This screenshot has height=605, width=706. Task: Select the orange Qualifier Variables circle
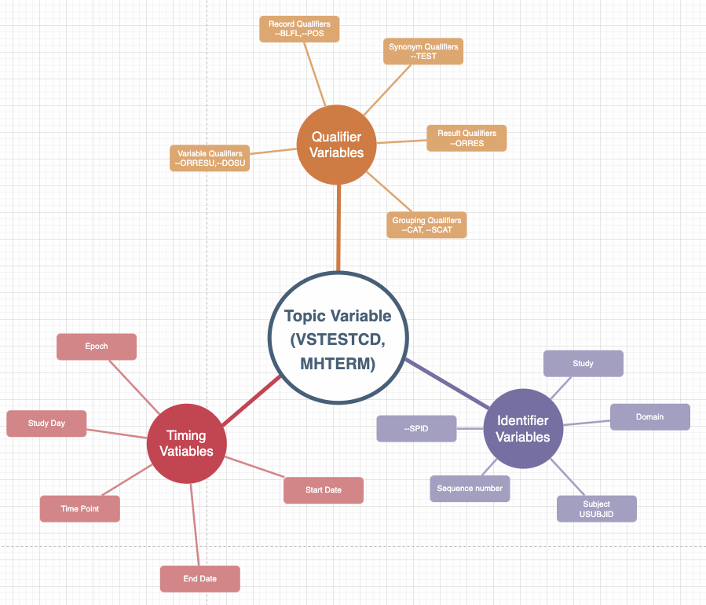pyautogui.click(x=336, y=145)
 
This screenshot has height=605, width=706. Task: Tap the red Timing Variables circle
pyautogui.click(x=186, y=443)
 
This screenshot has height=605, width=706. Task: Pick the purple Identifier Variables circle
pyautogui.click(x=523, y=428)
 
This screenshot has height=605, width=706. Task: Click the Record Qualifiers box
pyautogui.click(x=299, y=29)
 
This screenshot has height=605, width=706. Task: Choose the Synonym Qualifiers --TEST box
pyautogui.click(x=423, y=52)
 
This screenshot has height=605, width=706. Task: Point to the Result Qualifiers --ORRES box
pyautogui.click(x=466, y=138)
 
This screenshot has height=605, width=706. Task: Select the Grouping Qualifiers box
pyautogui.click(x=427, y=225)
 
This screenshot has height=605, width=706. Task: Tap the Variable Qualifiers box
pyautogui.click(x=210, y=158)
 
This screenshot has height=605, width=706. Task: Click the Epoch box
pyautogui.click(x=97, y=346)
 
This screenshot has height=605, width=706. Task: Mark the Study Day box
pyautogui.click(x=46, y=423)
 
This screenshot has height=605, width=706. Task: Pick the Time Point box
pyautogui.click(x=80, y=509)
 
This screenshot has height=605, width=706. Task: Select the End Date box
pyautogui.click(x=199, y=579)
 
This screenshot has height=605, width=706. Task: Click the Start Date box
pyautogui.click(x=324, y=490)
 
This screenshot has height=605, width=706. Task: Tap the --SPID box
pyautogui.click(x=416, y=429)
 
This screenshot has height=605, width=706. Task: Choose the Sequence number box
pyautogui.click(x=470, y=489)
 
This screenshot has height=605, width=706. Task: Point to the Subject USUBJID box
pyautogui.click(x=596, y=508)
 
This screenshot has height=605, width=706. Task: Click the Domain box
pyautogui.click(x=649, y=417)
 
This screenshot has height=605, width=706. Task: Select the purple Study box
pyautogui.click(x=583, y=364)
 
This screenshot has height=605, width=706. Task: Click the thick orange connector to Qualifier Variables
pyautogui.click(x=338, y=228)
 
